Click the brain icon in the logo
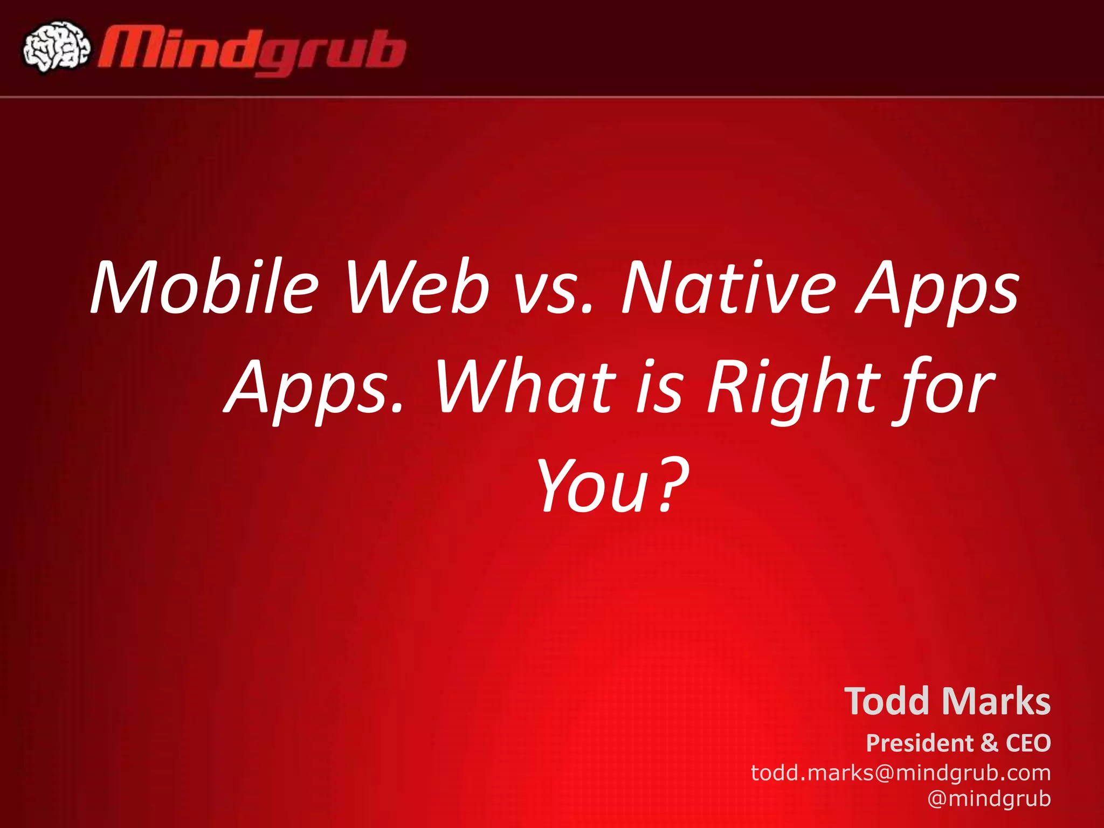[x=56, y=47]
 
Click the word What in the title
[x=526, y=387]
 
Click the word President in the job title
[x=919, y=743]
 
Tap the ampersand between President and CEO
[x=989, y=743]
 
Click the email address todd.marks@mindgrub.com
[x=901, y=773]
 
